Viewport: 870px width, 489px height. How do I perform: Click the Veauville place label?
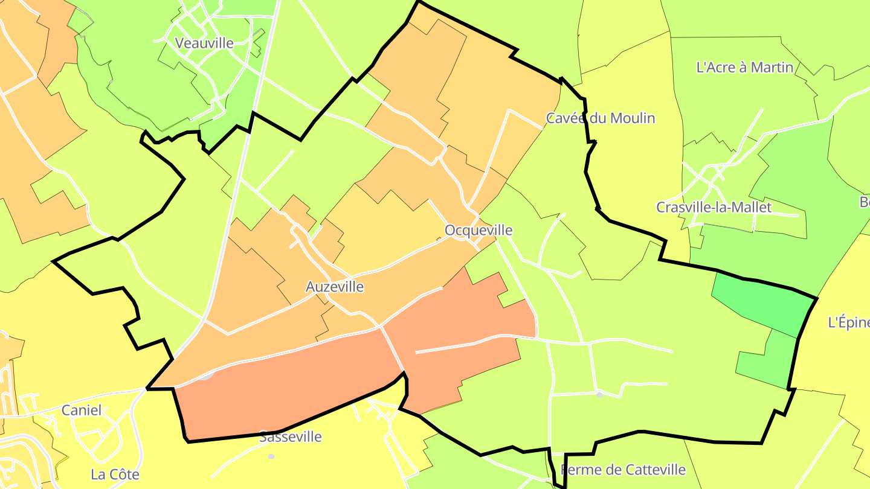coord(204,43)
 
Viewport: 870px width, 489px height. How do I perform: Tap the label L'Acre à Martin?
coord(744,67)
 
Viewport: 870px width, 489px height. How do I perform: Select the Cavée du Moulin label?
coord(600,118)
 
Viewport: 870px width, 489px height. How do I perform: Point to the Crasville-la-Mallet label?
coord(714,208)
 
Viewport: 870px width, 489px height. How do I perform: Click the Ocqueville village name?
coord(478,230)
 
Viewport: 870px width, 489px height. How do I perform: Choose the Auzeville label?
coord(335,287)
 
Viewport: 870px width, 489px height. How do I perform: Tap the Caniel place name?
coord(82,411)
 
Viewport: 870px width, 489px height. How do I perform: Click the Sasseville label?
coord(290,437)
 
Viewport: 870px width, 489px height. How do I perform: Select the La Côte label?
coord(115,475)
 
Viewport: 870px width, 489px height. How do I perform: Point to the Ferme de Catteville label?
coord(623,470)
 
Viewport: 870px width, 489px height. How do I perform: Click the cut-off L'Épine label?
coord(848,323)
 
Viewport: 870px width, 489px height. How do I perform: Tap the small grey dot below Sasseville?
coord(271,456)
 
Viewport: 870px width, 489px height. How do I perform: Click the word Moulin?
coord(632,118)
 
